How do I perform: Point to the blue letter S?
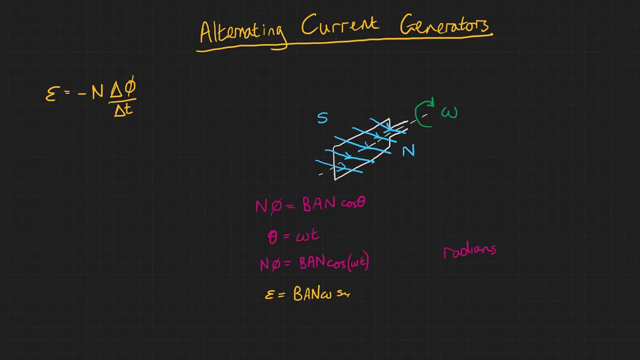[322, 118]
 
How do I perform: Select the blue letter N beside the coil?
[408, 150]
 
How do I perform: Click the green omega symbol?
[449, 113]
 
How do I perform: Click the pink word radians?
[469, 250]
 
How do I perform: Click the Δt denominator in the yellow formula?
[123, 110]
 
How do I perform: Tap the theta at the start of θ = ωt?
[272, 236]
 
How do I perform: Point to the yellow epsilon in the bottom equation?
[269, 295]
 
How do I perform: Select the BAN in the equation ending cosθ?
[318, 204]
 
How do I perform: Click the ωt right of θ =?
[307, 235]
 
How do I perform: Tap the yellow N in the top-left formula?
[97, 92]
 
